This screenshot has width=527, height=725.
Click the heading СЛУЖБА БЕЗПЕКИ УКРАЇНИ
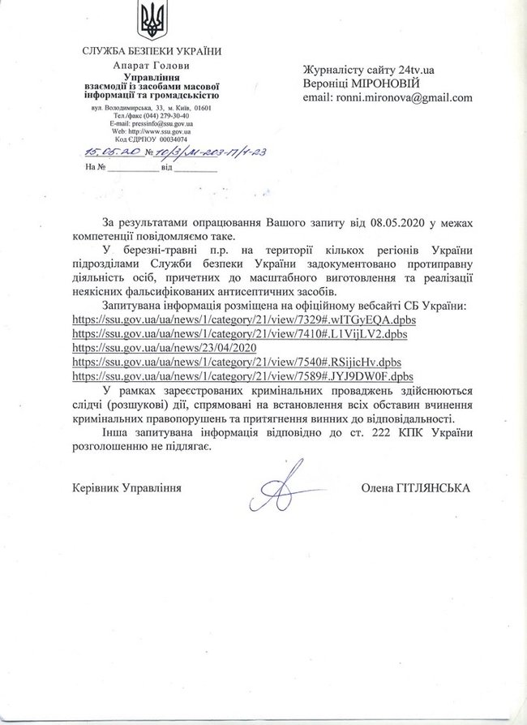click(152, 53)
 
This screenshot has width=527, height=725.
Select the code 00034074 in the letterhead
click(175, 139)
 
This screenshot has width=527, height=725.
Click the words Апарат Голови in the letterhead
click(152, 65)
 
